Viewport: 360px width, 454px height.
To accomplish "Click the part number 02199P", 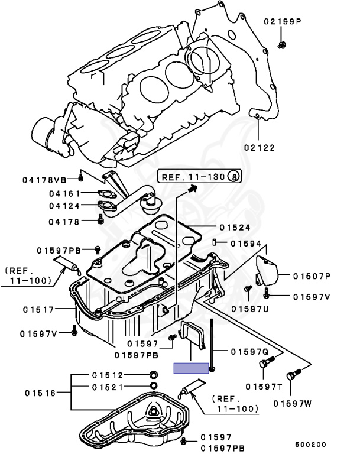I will (283, 22).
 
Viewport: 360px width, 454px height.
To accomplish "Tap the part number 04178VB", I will (44, 179).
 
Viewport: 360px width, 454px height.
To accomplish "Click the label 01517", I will (40, 309).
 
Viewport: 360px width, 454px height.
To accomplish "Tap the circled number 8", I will (234, 176).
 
